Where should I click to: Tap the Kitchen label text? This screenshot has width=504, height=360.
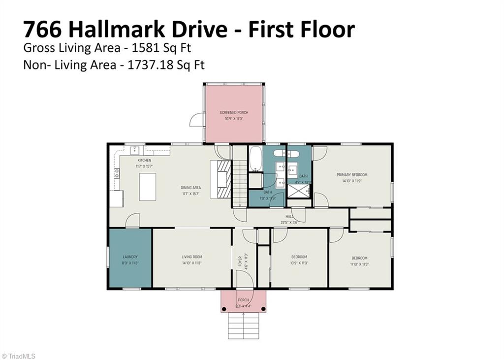144,161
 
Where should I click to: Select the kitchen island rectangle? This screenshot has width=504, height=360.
147,187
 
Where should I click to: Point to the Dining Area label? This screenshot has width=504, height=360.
190,188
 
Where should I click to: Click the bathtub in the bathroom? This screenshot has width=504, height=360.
255,159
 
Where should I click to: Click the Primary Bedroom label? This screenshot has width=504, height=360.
351,175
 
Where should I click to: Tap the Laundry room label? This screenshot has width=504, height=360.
130,257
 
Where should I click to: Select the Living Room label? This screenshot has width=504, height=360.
191,257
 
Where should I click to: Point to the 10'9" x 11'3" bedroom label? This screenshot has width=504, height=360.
299,257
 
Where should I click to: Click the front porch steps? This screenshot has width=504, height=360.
243,326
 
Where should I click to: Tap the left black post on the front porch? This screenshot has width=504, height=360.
224,309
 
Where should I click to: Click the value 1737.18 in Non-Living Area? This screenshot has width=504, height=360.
147,65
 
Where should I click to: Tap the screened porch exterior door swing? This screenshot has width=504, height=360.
197,120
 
